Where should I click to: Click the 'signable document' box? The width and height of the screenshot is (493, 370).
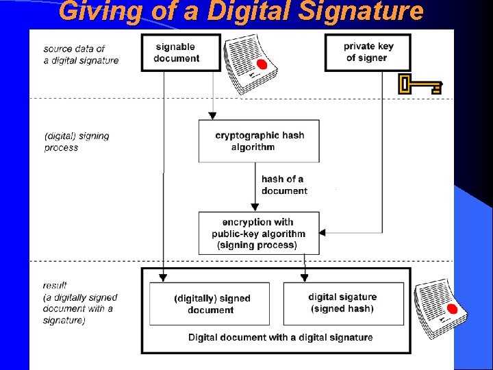click(181, 52)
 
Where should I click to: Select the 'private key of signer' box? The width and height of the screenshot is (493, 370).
click(368, 52)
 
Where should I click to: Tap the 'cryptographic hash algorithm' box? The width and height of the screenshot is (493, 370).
click(259, 141)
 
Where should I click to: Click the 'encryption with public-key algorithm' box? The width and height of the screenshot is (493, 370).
click(259, 233)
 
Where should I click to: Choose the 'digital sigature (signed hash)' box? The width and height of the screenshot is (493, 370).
click(343, 303)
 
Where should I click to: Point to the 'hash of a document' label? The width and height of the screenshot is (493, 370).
click(283, 185)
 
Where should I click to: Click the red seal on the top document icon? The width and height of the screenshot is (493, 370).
click(261, 64)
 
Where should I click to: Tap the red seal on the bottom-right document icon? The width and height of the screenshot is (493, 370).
click(451, 309)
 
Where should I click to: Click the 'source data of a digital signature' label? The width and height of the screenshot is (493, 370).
click(80, 54)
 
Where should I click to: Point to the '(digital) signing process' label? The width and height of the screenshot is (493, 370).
click(76, 141)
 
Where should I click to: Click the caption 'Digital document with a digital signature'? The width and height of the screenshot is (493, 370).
click(280, 337)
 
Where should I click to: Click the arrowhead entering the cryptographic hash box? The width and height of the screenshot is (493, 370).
click(212, 116)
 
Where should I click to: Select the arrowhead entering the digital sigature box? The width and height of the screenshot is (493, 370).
click(305, 277)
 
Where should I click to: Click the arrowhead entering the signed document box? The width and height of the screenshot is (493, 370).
click(163, 277)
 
